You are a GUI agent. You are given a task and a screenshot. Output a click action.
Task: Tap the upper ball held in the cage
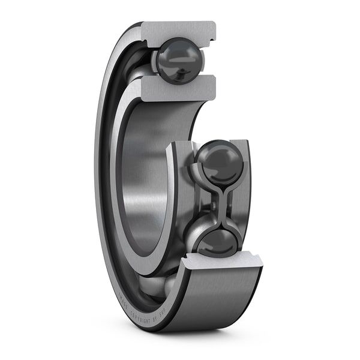click(220, 161)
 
